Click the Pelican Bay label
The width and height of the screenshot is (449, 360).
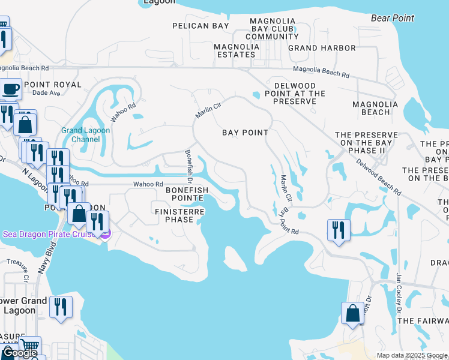click(200, 26)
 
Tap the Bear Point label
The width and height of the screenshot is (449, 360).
click(393, 18)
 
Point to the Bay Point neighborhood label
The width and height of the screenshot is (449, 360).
click(245, 132)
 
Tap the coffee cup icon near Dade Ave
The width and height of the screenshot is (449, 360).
click(11, 90)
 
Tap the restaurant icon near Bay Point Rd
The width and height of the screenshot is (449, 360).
click(339, 230)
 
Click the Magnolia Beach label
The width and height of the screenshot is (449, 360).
click(375, 108)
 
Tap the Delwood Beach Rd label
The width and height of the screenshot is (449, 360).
click(378, 175)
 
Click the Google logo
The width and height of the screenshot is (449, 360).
click(20, 353)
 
